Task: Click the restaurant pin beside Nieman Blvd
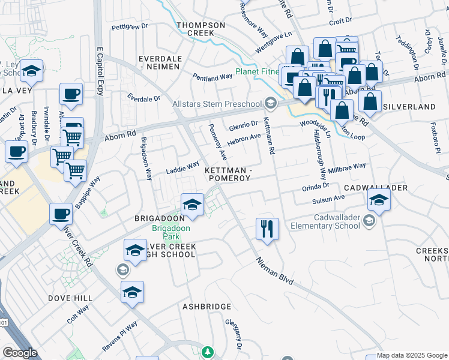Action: click(267, 229)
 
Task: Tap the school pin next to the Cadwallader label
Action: click(379, 200)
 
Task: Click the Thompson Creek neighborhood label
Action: click(200, 29)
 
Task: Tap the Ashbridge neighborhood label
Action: click(206, 307)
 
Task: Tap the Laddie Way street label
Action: click(182, 168)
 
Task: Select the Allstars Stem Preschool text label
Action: click(217, 104)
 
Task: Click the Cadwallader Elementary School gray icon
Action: click(368, 221)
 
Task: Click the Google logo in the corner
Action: click(20, 353)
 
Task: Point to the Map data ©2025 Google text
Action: click(412, 355)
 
